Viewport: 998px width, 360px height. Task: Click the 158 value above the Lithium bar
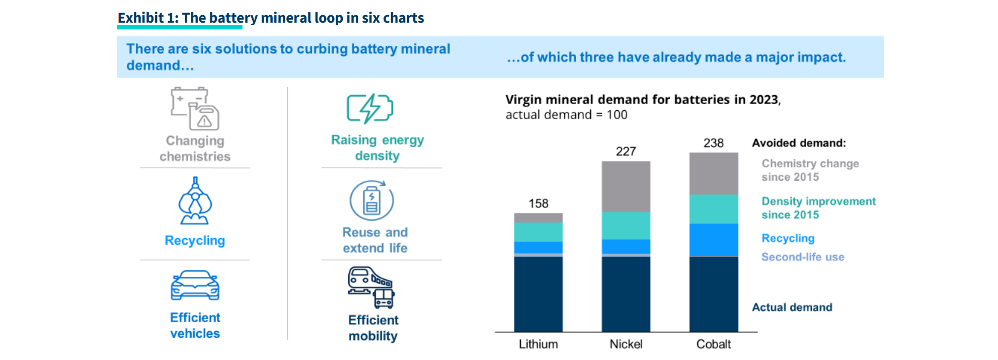pos(538,203)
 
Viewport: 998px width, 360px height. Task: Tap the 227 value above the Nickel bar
pos(626,152)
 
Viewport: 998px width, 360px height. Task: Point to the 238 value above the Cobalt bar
pos(713,143)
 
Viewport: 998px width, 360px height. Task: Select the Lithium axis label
pos(538,344)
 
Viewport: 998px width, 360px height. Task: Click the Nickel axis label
pos(626,344)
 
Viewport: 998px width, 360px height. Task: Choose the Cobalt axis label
pos(713,344)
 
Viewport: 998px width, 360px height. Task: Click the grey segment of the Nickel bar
pos(626,186)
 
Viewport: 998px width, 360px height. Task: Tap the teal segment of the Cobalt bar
pos(713,209)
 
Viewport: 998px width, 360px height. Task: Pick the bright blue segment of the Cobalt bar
pos(713,240)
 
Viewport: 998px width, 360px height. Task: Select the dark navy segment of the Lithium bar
pos(538,294)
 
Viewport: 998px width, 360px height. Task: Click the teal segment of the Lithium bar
pos(538,232)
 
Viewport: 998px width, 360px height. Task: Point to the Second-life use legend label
pos(802,257)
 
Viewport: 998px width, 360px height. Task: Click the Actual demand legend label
pos(792,308)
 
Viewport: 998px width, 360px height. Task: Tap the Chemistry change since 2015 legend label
pos(810,170)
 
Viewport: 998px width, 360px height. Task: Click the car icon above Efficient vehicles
pos(195,285)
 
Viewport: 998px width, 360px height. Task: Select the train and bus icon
pos(371,287)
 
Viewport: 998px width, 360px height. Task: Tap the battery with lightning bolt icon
pos(370,108)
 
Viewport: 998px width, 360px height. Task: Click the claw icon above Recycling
pos(195,201)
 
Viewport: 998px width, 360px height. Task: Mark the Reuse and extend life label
pos(375,240)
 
